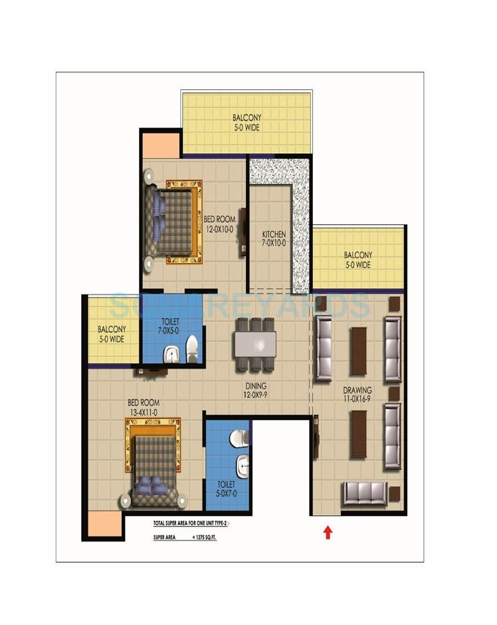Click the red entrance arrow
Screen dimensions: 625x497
pos(328,533)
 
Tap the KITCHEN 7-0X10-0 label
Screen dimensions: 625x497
pos(274,239)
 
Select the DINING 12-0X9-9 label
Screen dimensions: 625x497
pos(255,390)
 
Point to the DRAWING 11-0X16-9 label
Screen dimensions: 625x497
pos(357,395)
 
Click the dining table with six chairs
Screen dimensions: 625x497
pos(255,344)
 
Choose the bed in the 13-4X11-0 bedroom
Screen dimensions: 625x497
pos(153,463)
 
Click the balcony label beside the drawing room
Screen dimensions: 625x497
pos(358,260)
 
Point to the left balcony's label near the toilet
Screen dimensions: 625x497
pos(111,335)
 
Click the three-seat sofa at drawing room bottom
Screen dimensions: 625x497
pos(364,493)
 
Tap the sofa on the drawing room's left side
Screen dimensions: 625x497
pos(323,349)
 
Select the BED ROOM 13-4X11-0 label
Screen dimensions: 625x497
pos(144,407)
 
